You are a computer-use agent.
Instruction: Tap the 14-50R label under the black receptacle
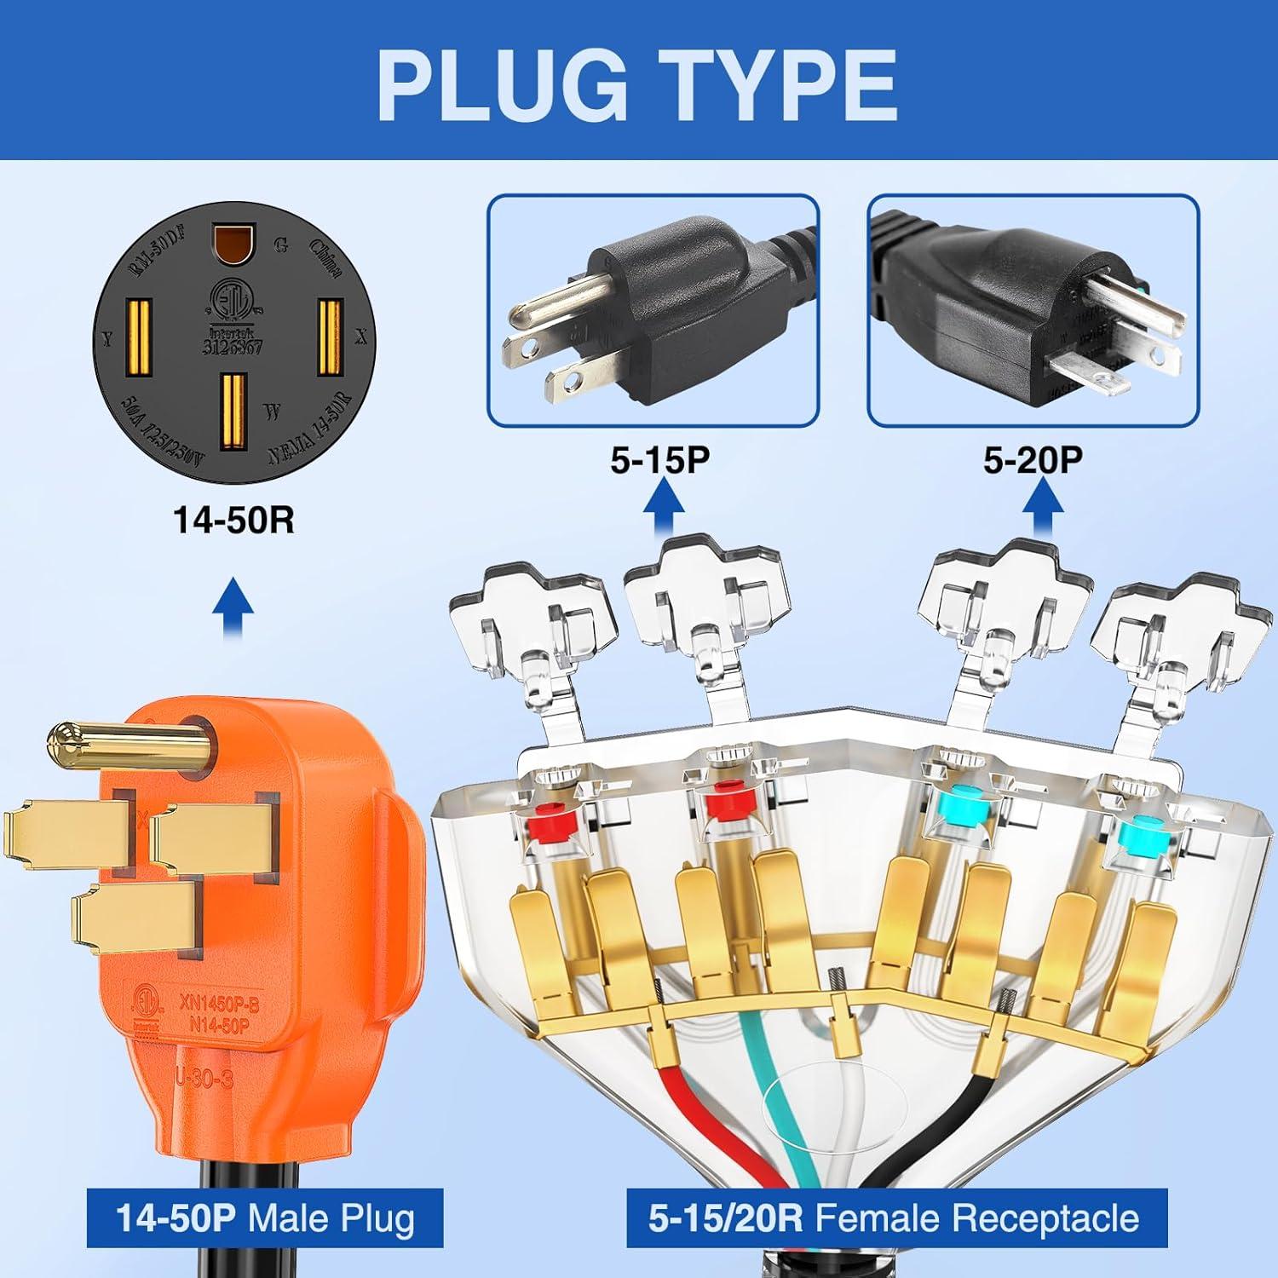[x=233, y=520]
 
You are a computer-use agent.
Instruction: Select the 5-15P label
[x=659, y=460]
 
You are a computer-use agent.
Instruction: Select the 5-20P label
[x=1033, y=460]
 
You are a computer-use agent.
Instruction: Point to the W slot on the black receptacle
[x=233, y=412]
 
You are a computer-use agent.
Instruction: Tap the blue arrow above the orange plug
[x=232, y=607]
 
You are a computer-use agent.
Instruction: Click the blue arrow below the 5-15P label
[x=662, y=508]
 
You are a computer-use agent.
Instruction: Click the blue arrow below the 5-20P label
[x=1041, y=508]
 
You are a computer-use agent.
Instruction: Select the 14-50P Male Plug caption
[x=265, y=1218]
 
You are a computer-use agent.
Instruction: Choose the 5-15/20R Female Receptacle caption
[x=894, y=1218]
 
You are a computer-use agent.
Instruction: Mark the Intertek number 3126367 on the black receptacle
[x=233, y=348]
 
